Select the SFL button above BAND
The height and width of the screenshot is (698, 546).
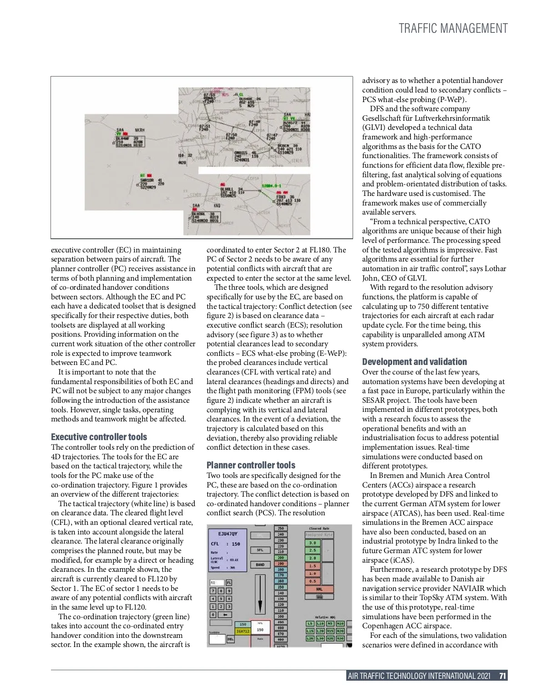260,550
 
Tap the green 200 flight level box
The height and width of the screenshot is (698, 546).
281,558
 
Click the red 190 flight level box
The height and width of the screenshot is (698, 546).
281,564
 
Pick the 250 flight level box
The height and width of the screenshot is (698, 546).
281,529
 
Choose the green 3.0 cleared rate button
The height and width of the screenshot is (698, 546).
313,543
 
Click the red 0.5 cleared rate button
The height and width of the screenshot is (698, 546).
313,581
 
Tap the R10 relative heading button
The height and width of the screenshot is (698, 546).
340,624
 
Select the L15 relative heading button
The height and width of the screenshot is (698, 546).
310,631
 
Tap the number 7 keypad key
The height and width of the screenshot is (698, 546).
212,590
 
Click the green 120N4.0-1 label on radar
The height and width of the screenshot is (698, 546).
272,186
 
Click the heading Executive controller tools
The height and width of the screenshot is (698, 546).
99,437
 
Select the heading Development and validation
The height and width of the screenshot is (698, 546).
414,362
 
